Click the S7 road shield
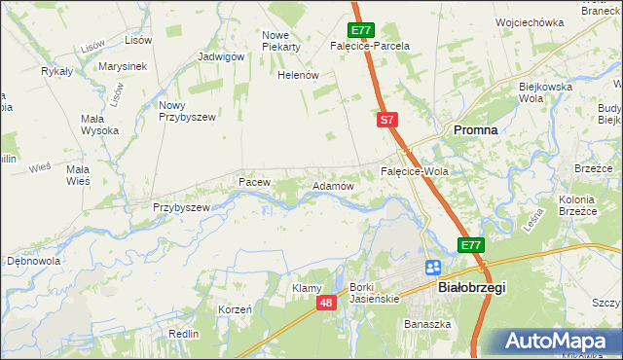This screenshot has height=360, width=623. click(386, 120)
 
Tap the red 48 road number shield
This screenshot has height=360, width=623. click(327, 304)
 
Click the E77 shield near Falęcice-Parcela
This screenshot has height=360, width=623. click(359, 30)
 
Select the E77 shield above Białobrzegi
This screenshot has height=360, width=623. click(471, 245)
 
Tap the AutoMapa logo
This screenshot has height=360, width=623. click(557, 342)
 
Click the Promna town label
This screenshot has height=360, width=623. click(474, 129)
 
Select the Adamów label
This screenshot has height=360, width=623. click(332, 185)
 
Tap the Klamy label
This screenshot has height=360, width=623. click(308, 289)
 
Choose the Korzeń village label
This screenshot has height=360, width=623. click(236, 309)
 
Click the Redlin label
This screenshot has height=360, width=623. click(183, 334)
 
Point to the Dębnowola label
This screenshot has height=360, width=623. click(34, 262)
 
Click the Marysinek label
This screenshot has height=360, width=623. click(123, 66)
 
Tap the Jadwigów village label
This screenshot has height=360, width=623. click(220, 56)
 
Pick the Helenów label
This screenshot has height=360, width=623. click(299, 75)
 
